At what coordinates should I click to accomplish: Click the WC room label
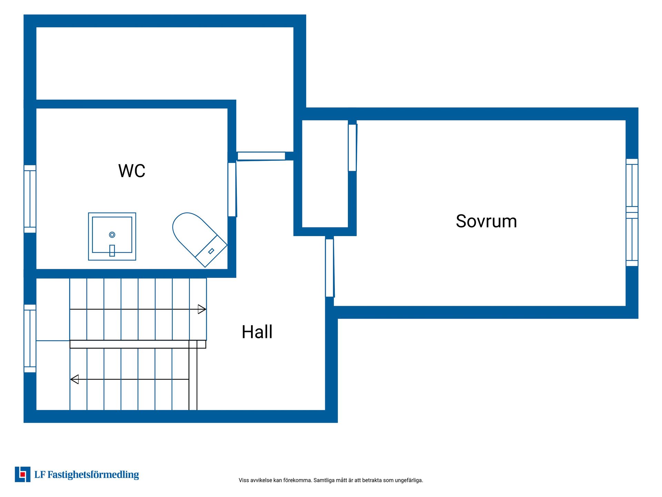[132, 170]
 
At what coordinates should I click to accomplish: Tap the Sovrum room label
[486, 221]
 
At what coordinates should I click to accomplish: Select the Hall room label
[257, 332]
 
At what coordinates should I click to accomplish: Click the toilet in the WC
[200, 240]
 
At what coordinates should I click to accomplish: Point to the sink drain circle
[112, 235]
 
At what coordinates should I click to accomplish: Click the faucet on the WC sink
[112, 251]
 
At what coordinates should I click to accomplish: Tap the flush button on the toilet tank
[211, 251]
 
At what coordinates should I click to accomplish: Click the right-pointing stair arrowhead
[202, 309]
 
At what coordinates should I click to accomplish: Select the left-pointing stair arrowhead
[74, 379]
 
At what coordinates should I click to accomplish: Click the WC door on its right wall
[232, 189]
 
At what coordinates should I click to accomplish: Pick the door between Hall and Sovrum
[330, 268]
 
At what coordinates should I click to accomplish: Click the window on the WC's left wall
[30, 199]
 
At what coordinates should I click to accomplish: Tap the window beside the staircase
[30, 339]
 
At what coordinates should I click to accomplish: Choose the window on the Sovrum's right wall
[632, 212]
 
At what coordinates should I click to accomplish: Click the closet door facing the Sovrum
[352, 148]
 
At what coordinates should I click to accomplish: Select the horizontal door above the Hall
[261, 156]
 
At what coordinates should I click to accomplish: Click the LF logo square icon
[23, 475]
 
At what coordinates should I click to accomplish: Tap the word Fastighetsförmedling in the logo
[93, 475]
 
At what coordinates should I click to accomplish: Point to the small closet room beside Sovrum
[325, 174]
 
